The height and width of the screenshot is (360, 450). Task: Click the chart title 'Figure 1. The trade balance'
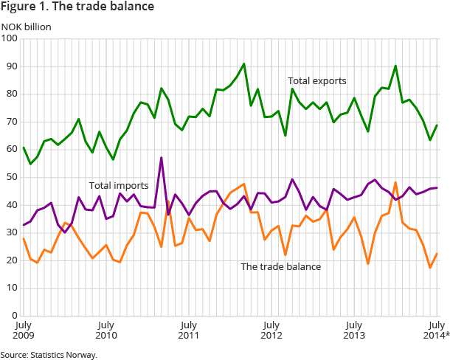pos(77,7)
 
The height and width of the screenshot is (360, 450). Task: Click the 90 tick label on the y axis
pos(11,66)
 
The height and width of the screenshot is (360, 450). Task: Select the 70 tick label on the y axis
pos(11,122)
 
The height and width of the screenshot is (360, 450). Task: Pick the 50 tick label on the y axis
pos(11,177)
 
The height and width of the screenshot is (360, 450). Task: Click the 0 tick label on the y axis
pos(14,316)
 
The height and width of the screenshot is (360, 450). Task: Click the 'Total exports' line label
pos(316,80)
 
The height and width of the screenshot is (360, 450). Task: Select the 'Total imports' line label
pos(119,186)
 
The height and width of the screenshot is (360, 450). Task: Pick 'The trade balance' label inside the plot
pos(280,266)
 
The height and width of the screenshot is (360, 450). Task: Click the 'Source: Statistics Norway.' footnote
pos(49,355)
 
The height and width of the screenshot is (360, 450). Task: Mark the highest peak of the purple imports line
pos(161,158)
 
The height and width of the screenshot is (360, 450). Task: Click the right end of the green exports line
pos(437,125)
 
